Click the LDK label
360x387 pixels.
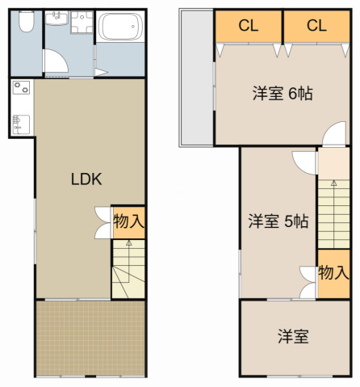click(86, 180)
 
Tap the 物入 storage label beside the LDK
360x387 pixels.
click(128, 221)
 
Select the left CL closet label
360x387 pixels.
click(248, 25)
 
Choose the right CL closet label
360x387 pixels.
click(316, 25)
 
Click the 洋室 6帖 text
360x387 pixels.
click(282, 94)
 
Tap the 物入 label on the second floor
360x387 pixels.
click(333, 271)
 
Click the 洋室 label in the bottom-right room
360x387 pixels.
click(293, 336)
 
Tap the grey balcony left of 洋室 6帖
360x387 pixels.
click(196, 77)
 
